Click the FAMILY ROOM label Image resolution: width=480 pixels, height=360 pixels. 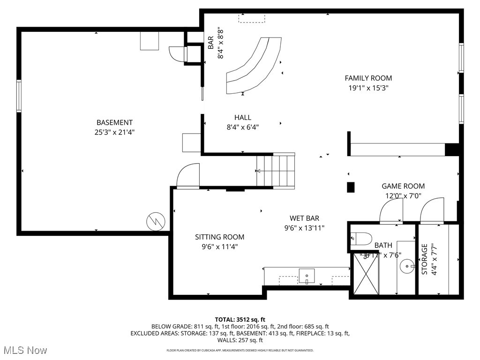368,78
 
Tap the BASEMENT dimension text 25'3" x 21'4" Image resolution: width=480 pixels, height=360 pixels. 114,132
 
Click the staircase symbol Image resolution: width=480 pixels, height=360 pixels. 276,170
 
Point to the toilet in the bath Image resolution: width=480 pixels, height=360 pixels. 361,238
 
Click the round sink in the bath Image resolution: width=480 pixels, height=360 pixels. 406,267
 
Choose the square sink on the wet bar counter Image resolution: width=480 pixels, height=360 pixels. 307,276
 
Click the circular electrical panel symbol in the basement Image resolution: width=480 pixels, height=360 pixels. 155,221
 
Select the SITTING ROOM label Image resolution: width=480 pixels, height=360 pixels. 219,237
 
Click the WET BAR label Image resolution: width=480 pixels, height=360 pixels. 304,218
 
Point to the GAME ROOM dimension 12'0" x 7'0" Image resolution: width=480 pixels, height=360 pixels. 403,196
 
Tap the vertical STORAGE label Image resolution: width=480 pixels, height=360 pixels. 425,259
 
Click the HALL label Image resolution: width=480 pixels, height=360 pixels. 243,118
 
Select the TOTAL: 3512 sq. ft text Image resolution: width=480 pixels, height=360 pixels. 240,320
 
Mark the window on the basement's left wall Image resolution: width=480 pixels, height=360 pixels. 19,96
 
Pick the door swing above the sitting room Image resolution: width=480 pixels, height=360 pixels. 188,176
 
